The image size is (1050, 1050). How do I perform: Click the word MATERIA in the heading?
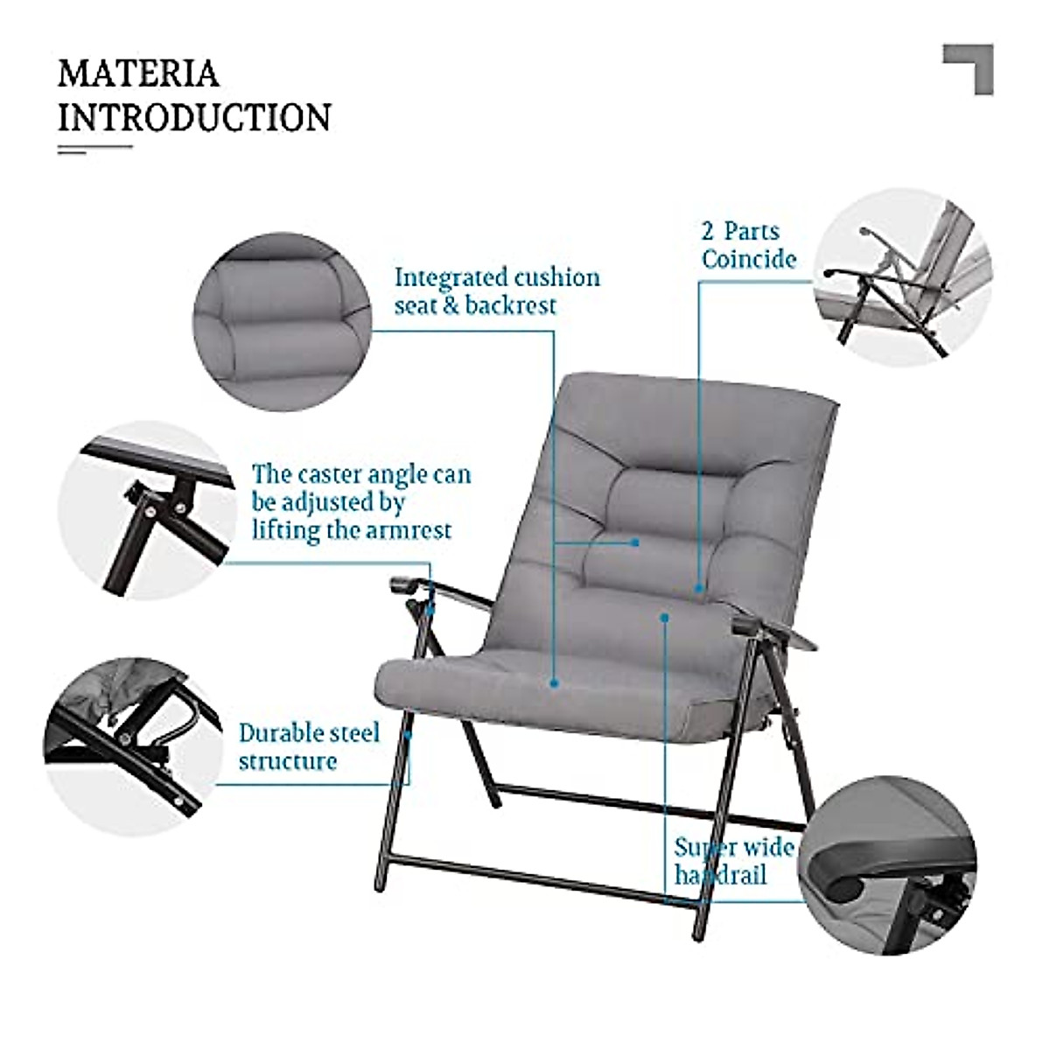[x=137, y=73]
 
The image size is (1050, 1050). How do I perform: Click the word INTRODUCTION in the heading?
[x=194, y=117]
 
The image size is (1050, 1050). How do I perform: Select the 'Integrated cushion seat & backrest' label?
[x=497, y=291]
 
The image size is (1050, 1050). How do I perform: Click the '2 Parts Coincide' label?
[x=748, y=245]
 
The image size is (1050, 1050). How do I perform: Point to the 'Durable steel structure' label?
[x=309, y=746]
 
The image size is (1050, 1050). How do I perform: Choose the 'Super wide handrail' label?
[x=733, y=860]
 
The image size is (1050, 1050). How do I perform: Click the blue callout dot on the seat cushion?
[x=554, y=683]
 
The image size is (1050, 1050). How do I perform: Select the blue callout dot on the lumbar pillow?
[x=636, y=542]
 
